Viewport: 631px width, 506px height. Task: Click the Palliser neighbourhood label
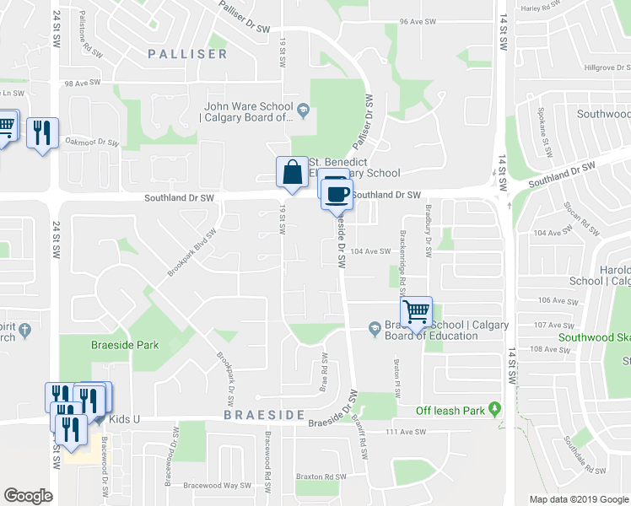point(187,54)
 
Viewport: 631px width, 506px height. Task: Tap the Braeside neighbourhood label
point(263,416)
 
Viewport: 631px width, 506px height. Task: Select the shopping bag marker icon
point(291,172)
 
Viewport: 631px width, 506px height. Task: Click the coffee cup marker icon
point(337,194)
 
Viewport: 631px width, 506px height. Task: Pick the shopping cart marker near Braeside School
point(416,312)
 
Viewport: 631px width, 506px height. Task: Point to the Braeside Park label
point(125,345)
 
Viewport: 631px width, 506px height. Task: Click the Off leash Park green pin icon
point(496,410)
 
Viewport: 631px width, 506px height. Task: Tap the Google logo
point(28,496)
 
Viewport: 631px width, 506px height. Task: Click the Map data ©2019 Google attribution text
point(578,499)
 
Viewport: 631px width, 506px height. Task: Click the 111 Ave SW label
point(403,432)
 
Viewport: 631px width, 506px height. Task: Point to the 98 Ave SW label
point(82,83)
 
